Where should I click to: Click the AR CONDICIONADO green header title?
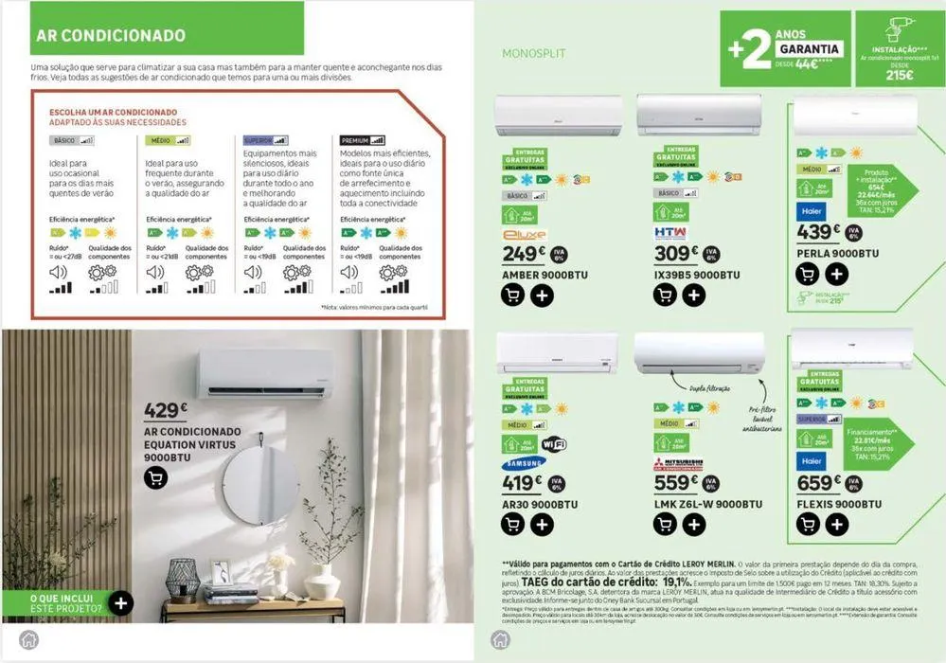coord(110,36)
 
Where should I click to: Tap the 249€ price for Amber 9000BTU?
coord(524,254)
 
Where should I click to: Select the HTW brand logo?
coord(670,232)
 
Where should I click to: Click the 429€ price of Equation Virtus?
coord(167,411)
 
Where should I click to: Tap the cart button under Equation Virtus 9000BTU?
coord(156,478)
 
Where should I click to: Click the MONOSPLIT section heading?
coord(528,53)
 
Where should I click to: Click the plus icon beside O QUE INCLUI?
coord(120,602)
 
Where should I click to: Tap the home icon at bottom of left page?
coord(28,639)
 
